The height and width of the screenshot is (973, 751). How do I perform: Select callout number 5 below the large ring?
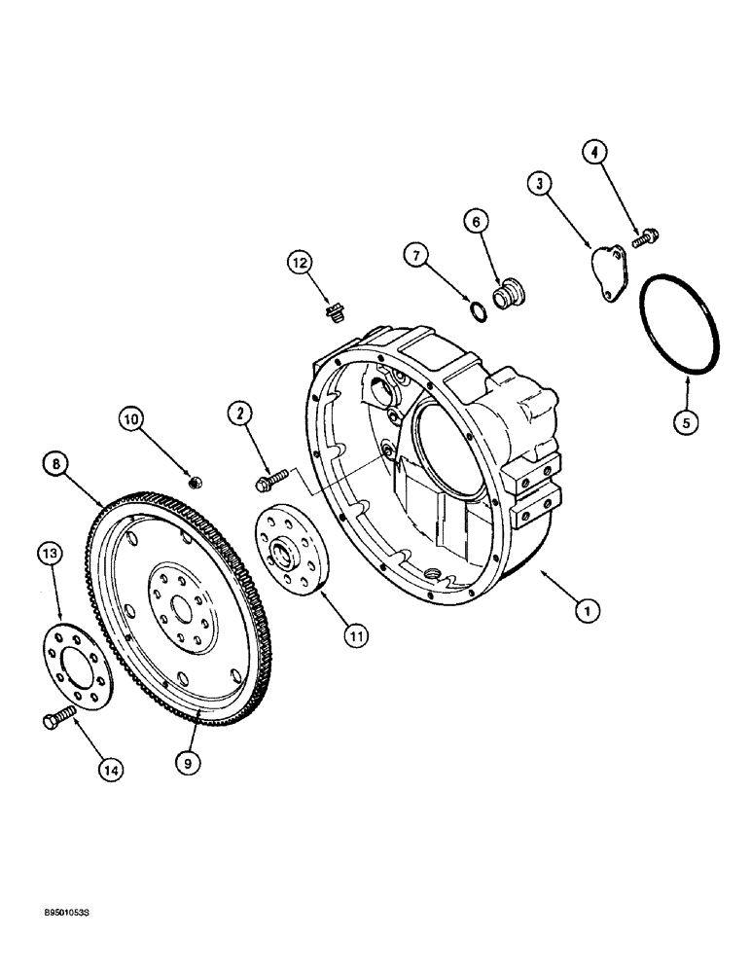[x=688, y=422]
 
